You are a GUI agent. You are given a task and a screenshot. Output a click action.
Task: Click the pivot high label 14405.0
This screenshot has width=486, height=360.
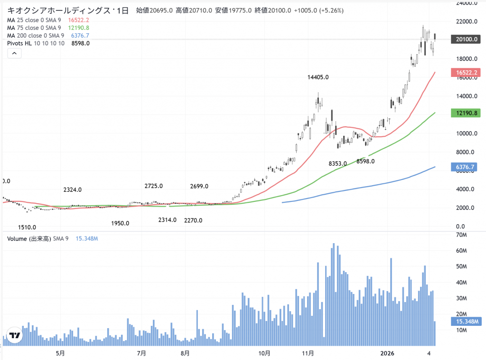[x=318, y=77]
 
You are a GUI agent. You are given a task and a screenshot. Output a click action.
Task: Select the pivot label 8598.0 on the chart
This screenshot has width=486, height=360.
[x=366, y=161]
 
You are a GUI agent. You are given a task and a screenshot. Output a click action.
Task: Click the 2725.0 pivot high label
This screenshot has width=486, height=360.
[x=154, y=186]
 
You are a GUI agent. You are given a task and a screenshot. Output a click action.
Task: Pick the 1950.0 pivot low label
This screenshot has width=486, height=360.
[x=120, y=223]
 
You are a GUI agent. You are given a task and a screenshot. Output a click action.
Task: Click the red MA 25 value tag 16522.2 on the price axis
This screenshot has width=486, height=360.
[x=467, y=72]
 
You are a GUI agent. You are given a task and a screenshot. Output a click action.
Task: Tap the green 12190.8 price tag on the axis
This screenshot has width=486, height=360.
[x=467, y=113]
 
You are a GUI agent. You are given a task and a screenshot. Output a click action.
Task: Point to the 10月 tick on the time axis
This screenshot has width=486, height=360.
[x=265, y=353]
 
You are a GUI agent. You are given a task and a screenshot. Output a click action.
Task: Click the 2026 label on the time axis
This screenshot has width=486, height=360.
[x=388, y=353]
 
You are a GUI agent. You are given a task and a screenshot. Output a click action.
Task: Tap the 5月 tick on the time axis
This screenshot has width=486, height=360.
[x=60, y=353]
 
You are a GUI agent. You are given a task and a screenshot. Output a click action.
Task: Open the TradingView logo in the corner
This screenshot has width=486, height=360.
[x=15, y=336]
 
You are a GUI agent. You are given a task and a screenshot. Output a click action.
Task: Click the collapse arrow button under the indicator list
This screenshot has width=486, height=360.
[x=14, y=53]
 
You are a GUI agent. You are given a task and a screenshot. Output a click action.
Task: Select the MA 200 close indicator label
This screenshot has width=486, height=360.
[x=35, y=35]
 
